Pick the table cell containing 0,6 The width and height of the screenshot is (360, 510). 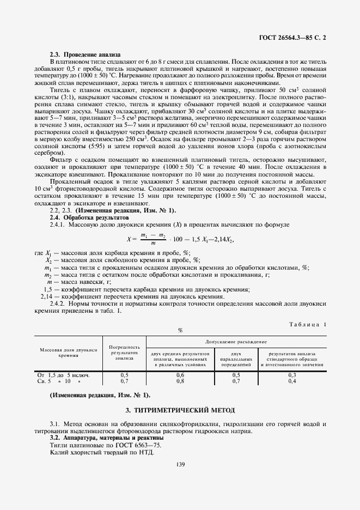click(x=180, y=375)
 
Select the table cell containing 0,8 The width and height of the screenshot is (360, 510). click(x=180, y=381)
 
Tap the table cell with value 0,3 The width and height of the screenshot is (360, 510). click(x=292, y=375)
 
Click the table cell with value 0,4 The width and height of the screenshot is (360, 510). click(x=292, y=381)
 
